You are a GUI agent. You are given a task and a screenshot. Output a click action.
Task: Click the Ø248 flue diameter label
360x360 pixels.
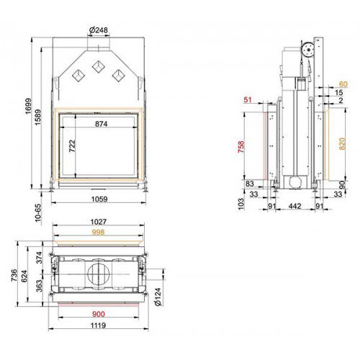99,30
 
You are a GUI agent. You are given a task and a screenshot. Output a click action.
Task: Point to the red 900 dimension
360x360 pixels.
99,314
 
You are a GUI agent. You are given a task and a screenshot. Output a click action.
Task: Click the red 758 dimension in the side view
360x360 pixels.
240,146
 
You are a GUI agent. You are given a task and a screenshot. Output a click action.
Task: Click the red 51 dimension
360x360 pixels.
248,99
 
